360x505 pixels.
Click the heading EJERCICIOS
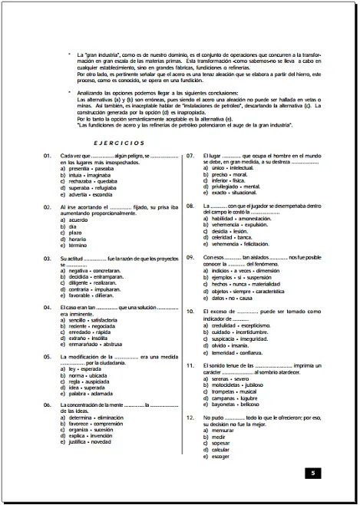coord(113,143)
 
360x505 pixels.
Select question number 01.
coord(47,155)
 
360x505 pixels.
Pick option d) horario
coord(74,238)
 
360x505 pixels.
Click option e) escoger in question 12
coord(218,456)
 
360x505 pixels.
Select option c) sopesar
coord(218,443)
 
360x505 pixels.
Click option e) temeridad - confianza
coord(233,352)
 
